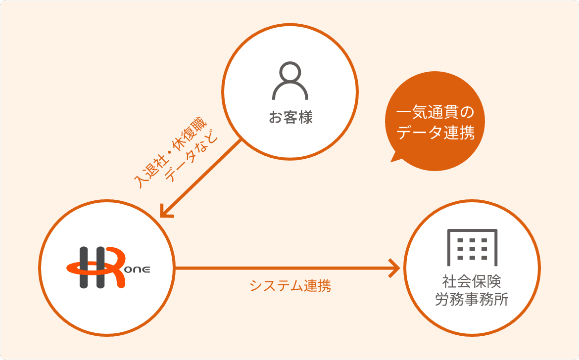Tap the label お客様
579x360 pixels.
(290, 117)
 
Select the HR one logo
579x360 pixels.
(108, 268)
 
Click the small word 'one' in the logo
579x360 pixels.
(138, 270)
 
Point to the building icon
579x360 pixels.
(472, 247)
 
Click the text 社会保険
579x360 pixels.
(472, 281)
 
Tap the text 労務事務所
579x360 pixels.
(472, 299)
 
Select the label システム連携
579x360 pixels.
(290, 285)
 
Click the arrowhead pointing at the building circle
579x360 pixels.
(394, 268)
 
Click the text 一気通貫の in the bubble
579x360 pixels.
(435, 112)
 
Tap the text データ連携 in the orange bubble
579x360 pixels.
(435, 132)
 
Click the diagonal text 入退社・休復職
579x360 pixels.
(170, 153)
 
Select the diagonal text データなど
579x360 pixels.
(192, 156)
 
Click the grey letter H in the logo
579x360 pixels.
(93, 268)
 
